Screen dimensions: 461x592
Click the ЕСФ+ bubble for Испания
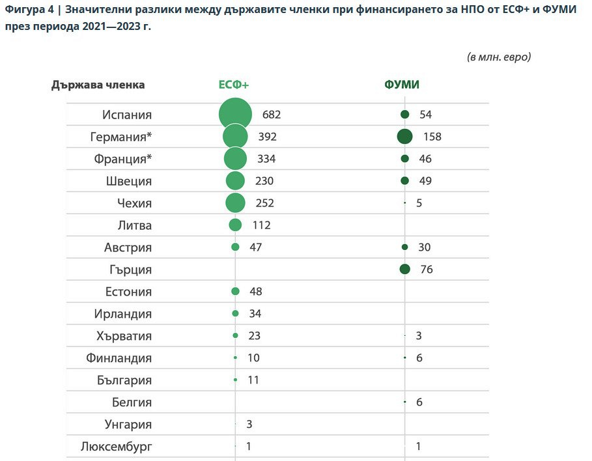click(x=235, y=115)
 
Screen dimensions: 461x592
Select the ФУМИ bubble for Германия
click(x=404, y=137)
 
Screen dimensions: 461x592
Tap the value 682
click(x=272, y=115)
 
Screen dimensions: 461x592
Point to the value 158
click(x=432, y=137)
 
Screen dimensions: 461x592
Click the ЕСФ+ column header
click(x=234, y=85)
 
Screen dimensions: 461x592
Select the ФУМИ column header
click(x=402, y=85)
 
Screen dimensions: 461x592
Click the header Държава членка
click(x=98, y=85)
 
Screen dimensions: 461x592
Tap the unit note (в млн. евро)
click(x=499, y=57)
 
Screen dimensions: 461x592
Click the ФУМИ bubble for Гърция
click(x=404, y=270)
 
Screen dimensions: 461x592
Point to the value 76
click(x=426, y=270)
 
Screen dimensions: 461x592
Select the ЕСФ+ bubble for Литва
click(x=235, y=225)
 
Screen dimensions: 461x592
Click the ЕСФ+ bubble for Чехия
click(x=235, y=203)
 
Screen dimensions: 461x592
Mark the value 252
click(x=265, y=203)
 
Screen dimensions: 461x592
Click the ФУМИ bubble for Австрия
click(x=404, y=247)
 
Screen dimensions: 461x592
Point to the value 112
click(x=261, y=225)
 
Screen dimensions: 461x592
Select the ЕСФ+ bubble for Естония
click(x=235, y=292)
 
